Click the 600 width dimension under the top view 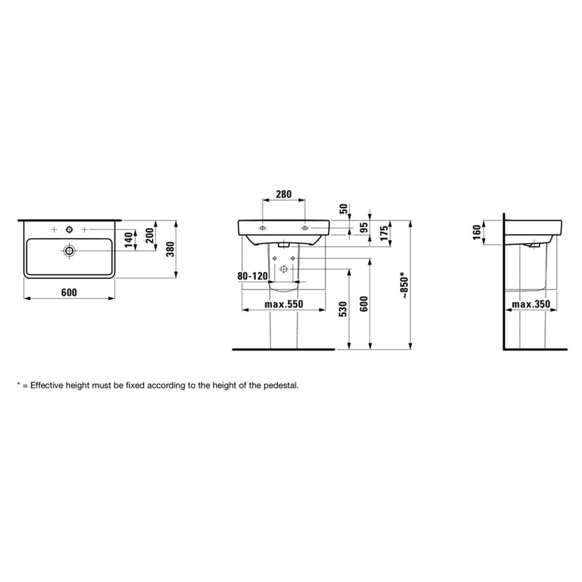click(69, 292)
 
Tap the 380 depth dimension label click(171, 249)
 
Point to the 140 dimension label click(129, 240)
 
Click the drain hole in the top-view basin click(69, 250)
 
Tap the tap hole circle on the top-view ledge click(69, 230)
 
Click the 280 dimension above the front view click(284, 194)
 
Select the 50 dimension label click(344, 209)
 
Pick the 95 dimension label click(365, 227)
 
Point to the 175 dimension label click(384, 233)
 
